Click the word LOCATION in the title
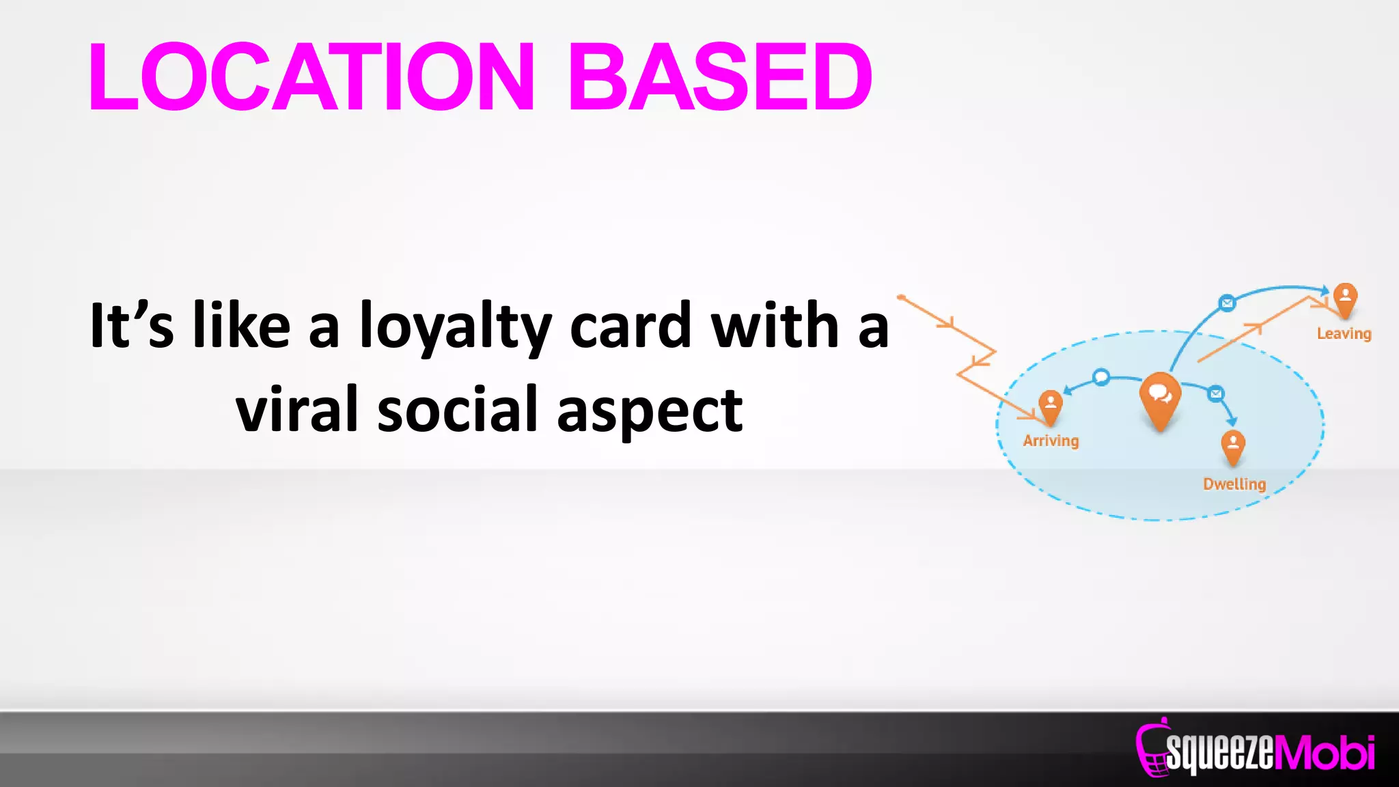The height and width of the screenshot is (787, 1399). click(311, 77)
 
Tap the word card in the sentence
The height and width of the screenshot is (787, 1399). click(629, 327)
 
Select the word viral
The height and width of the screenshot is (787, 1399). click(297, 410)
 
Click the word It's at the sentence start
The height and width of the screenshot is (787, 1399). click(131, 327)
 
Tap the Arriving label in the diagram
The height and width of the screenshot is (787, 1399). click(1051, 441)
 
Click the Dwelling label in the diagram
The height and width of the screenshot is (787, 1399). click(1234, 484)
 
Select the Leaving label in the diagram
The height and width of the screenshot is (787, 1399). click(1344, 334)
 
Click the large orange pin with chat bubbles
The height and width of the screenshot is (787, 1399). click(1160, 399)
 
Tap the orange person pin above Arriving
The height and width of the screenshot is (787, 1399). click(1051, 406)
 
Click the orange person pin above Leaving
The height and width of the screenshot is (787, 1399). click(1345, 299)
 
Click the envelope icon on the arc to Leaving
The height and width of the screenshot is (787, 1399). click(1227, 303)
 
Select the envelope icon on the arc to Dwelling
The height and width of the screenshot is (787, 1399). click(1216, 393)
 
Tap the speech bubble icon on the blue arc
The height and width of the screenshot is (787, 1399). click(1101, 377)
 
